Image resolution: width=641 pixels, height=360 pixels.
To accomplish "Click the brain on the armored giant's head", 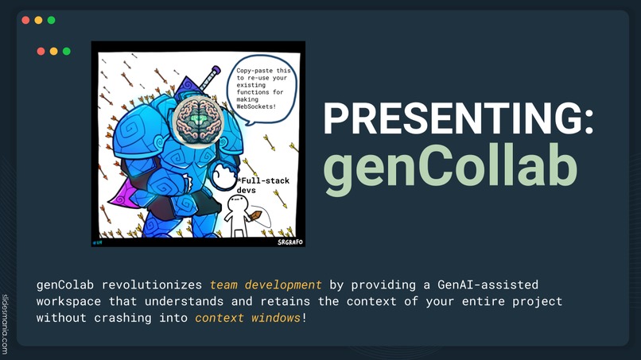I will click(196, 122).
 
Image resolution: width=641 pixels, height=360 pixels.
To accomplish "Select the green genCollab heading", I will click(449, 168).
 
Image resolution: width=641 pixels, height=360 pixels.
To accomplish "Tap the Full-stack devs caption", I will click(262, 186).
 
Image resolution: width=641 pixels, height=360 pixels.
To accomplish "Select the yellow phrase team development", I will click(266, 284).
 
